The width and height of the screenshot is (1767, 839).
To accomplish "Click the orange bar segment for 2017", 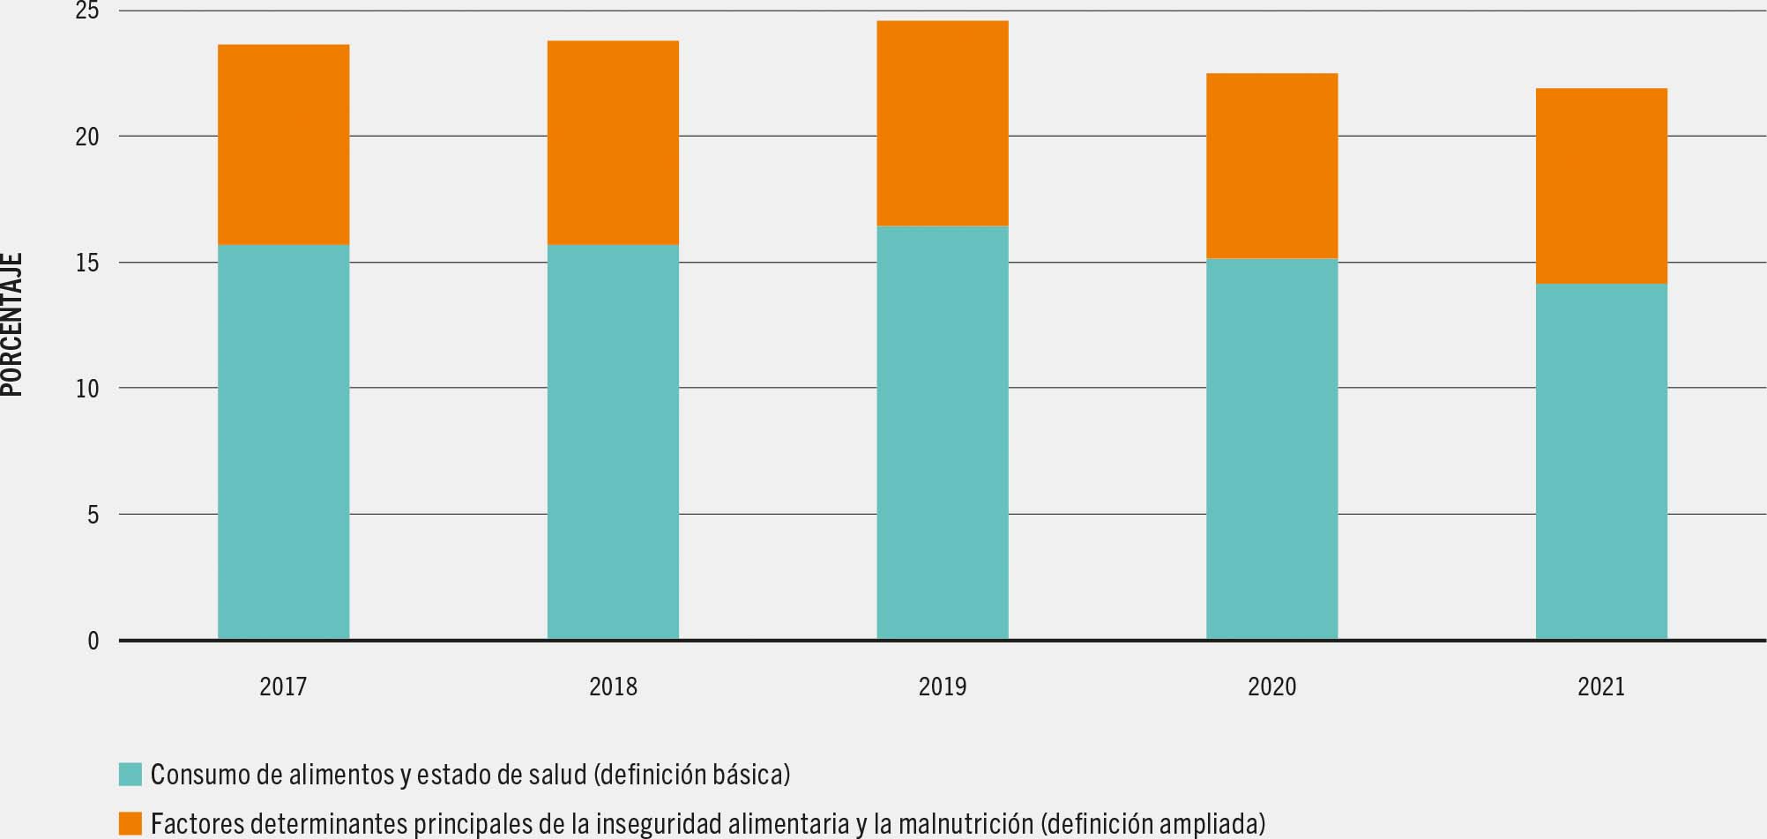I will [x=283, y=145].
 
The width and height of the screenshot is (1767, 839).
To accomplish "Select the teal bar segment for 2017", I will [x=283, y=441].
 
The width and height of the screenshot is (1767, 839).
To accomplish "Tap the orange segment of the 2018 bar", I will [x=613, y=143].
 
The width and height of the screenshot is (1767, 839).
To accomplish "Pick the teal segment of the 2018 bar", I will [x=613, y=441].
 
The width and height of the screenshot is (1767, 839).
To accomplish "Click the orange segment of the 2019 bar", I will [x=942, y=123].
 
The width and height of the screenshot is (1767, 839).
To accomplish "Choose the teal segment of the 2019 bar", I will [x=942, y=432].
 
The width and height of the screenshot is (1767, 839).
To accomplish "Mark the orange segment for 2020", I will [x=1271, y=166].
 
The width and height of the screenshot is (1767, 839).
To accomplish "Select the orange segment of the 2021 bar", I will [x=1601, y=186].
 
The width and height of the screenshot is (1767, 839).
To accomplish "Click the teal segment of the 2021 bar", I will [x=1601, y=461].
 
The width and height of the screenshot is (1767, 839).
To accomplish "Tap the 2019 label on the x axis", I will [x=942, y=687].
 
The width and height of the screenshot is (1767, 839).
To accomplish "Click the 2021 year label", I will [x=1601, y=687].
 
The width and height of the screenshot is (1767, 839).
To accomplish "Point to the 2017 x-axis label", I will [x=283, y=687].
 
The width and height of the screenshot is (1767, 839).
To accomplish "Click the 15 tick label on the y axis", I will [x=87, y=263].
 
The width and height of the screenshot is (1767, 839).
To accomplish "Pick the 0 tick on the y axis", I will [x=93, y=641].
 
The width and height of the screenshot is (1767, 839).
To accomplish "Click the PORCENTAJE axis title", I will [x=12, y=325].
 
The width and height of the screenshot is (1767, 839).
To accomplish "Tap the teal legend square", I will [x=130, y=775].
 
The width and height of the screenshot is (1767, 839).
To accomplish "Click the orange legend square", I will [x=130, y=824].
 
